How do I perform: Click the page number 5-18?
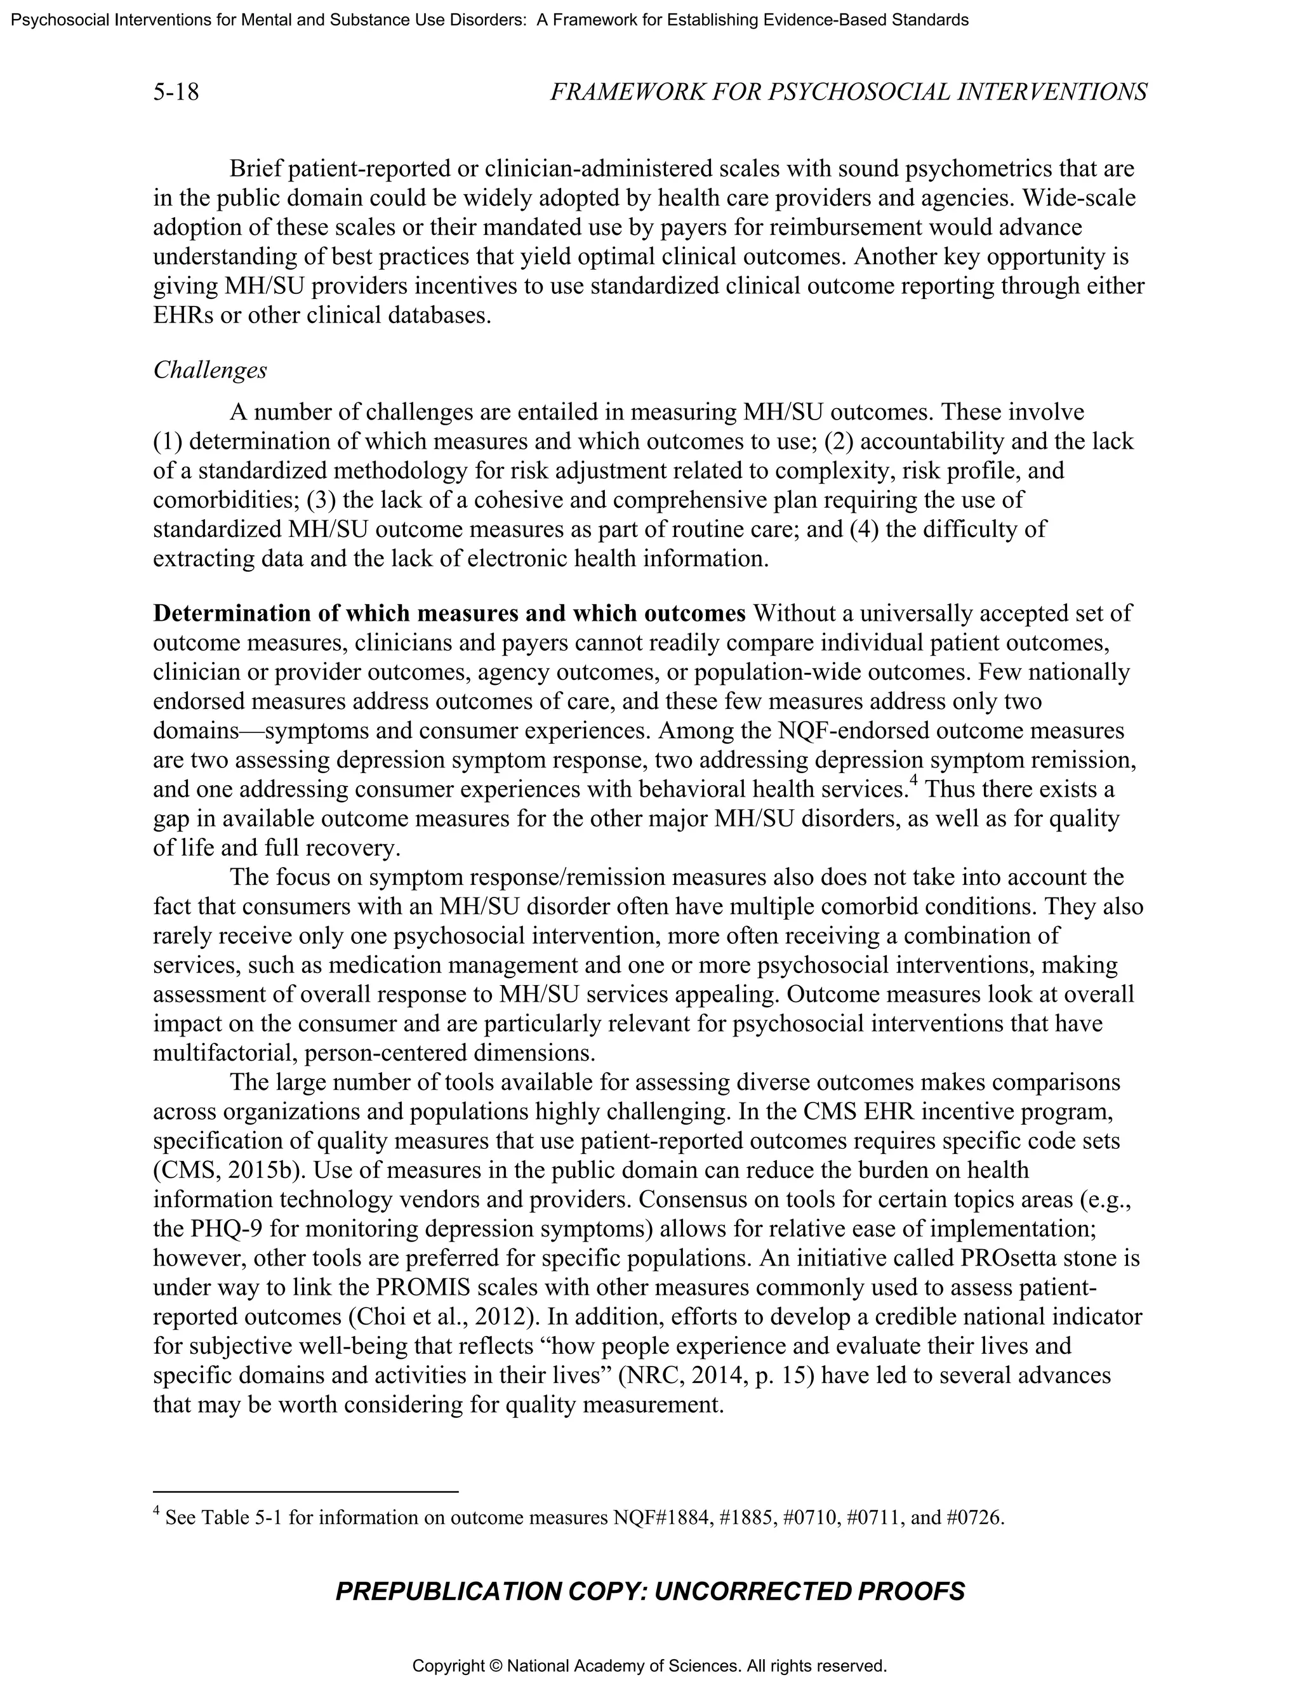(176, 93)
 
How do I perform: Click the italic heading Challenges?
(210, 371)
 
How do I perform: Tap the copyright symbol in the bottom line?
(495, 1666)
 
